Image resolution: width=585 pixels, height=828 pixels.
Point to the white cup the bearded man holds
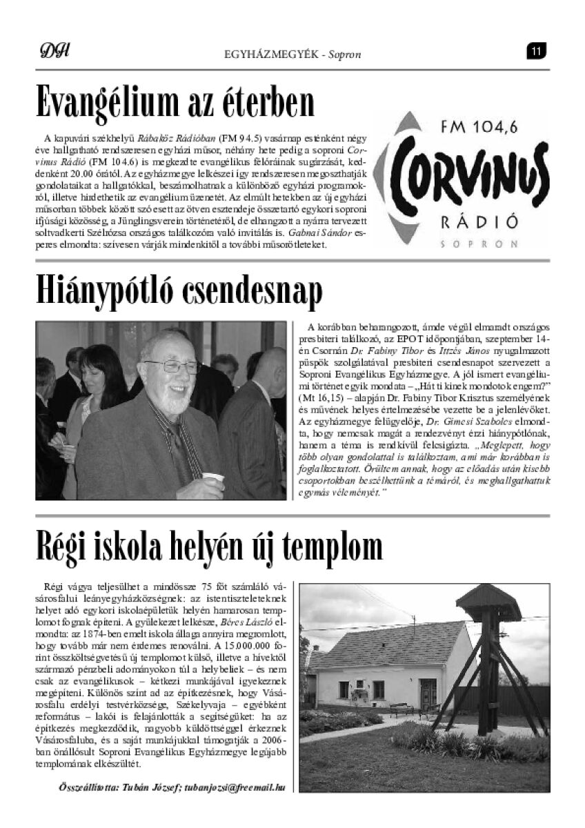[215, 478]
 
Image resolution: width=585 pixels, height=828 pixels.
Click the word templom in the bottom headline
[329, 546]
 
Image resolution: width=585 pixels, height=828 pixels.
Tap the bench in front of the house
[401, 709]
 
